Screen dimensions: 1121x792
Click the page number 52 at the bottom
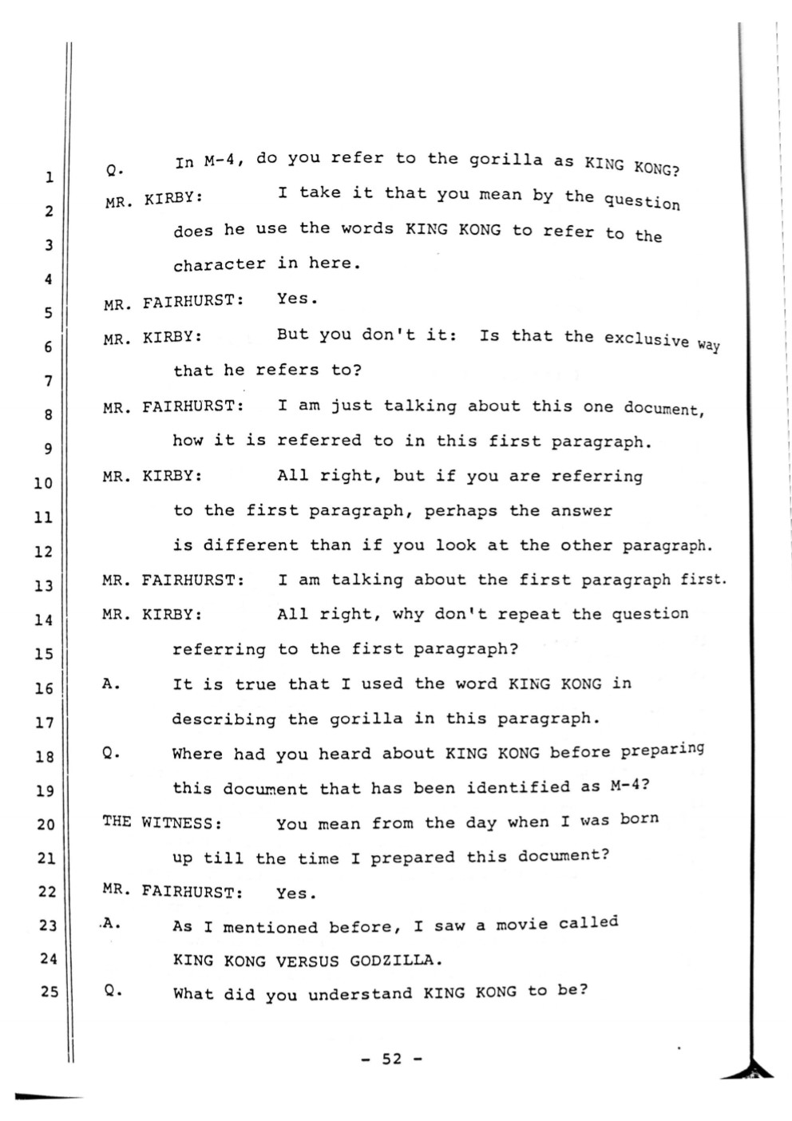pos(391,1059)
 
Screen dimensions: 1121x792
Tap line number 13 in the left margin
pos(43,585)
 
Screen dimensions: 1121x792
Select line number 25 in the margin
pos(49,992)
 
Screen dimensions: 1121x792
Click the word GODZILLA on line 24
pos(396,960)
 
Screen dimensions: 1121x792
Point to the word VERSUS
pos(307,961)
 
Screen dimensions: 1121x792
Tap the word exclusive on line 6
pos(647,339)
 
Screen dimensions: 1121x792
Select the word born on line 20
pos(640,818)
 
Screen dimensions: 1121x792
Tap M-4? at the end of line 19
pos(630,785)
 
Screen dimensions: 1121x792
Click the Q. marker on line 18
pos(112,754)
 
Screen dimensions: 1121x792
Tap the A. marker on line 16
pos(111,683)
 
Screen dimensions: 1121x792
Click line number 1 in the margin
pos(49,177)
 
